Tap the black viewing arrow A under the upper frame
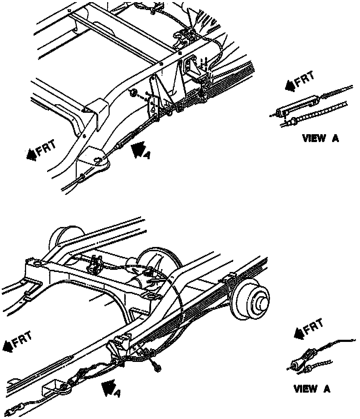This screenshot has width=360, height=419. [138, 149]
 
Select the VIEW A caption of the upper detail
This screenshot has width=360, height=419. [320, 138]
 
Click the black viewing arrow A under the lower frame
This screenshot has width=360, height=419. [107, 388]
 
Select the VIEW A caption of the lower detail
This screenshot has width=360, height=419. [312, 389]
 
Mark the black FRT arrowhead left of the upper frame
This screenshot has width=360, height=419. [31, 154]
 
